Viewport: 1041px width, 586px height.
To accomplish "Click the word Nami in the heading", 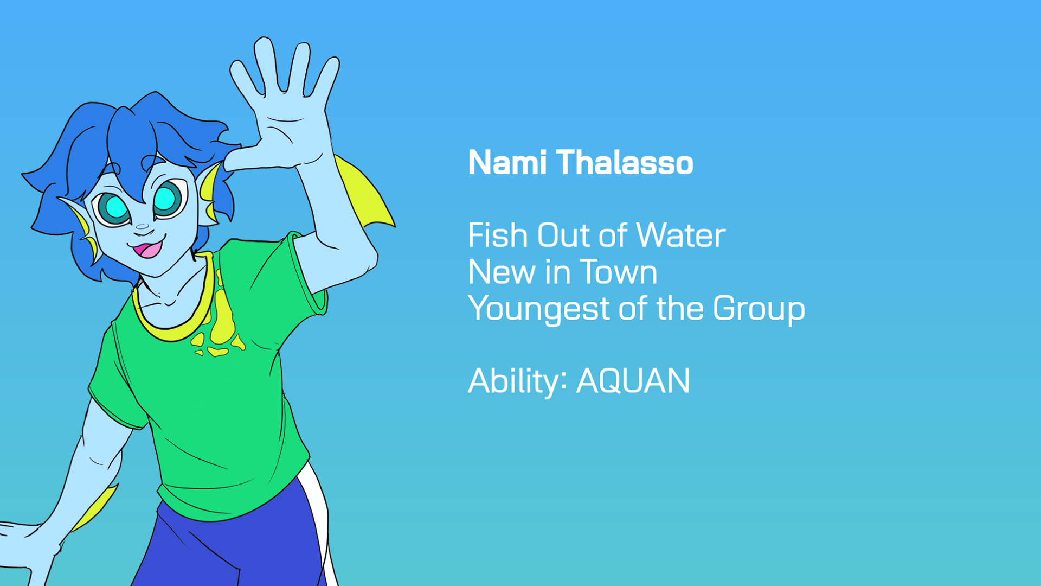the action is pyautogui.click(x=507, y=162).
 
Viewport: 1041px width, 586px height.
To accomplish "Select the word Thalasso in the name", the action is pyautogui.click(x=625, y=162).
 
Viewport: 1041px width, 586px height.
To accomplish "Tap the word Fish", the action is pyautogui.click(x=498, y=235).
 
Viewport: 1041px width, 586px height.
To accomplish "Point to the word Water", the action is pyautogui.click(x=680, y=235).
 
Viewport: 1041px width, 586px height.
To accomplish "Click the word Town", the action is pyautogui.click(x=618, y=272).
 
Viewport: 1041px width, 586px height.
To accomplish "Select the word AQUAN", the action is pyautogui.click(x=633, y=381).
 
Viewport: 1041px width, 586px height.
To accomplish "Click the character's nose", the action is pyautogui.click(x=142, y=227).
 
